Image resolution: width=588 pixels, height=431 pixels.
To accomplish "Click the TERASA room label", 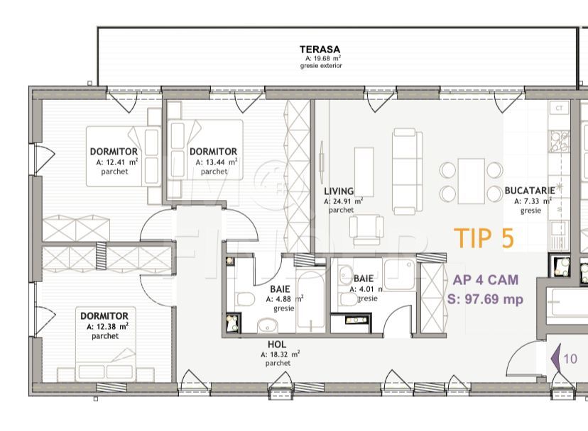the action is pos(320,50).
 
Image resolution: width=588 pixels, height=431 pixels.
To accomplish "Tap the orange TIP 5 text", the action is pos(484,238).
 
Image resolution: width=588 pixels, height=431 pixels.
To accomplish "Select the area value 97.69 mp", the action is pos(494,300).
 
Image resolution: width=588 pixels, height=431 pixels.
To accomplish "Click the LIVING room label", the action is pos(339,191).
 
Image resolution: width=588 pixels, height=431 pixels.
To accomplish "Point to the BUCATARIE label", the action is pos(530,190).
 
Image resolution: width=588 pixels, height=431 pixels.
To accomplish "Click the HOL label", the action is pos(277,344).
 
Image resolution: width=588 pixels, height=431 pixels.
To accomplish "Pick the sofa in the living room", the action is pos(407,171).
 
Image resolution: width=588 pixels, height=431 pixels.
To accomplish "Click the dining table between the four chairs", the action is pos(471,181).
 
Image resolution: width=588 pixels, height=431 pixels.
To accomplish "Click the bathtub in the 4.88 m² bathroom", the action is pos(310,300).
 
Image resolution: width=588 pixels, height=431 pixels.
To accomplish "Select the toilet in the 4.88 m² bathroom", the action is pos(245,299).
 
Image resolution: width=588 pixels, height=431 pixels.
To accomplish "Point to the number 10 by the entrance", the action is pos(570,359).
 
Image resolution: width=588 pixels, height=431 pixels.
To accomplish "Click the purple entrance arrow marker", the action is pos(555,359).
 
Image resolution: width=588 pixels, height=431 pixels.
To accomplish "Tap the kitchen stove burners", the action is pos(560,142).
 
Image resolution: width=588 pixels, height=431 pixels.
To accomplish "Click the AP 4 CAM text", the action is pos(486,280).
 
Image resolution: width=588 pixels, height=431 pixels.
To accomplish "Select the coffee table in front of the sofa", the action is pos(364,172).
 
